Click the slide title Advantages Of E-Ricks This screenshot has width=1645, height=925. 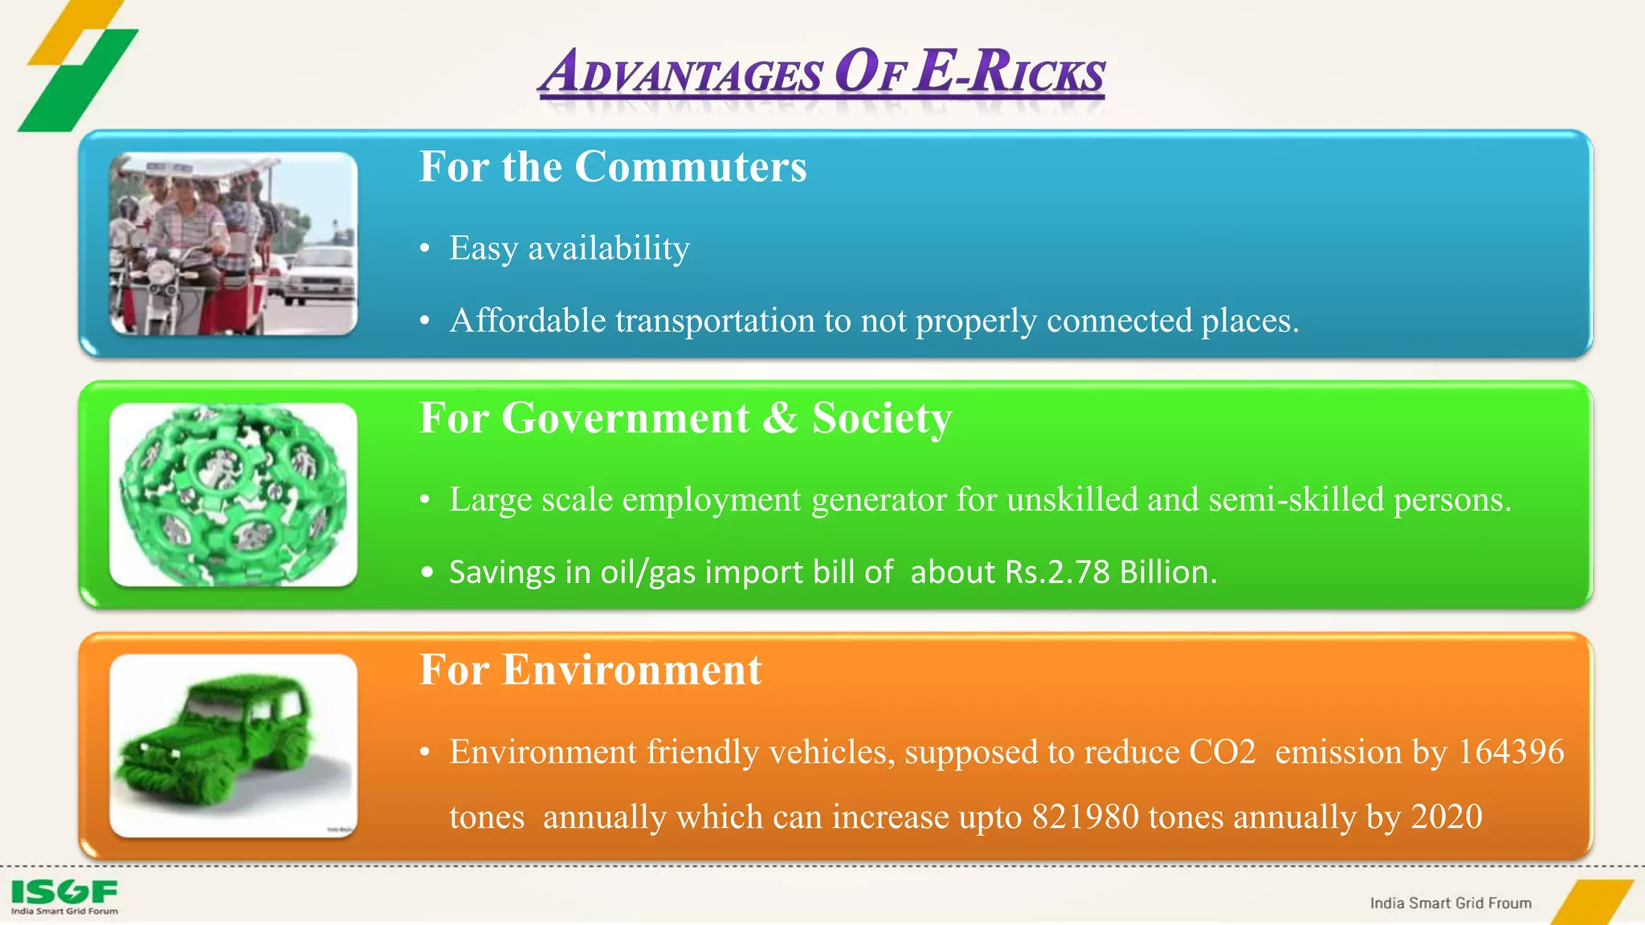[x=821, y=72]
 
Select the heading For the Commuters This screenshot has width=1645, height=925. [x=613, y=167]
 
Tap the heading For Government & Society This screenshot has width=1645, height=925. [x=685, y=418]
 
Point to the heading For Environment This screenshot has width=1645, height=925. [x=590, y=670]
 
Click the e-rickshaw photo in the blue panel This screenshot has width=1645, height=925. [x=233, y=243]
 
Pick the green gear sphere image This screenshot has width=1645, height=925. [x=233, y=495]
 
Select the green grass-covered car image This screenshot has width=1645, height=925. [x=233, y=746]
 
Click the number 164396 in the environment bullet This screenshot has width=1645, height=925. [x=1511, y=752]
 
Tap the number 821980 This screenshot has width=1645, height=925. [x=1085, y=817]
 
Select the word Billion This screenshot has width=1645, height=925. [x=1168, y=573]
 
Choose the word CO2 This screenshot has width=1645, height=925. [x=1222, y=752]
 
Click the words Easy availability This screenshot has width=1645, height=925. [x=569, y=248]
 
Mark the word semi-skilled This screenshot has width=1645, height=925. [x=1296, y=500]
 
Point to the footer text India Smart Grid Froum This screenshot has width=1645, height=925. [x=1451, y=903]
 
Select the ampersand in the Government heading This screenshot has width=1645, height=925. [x=780, y=418]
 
